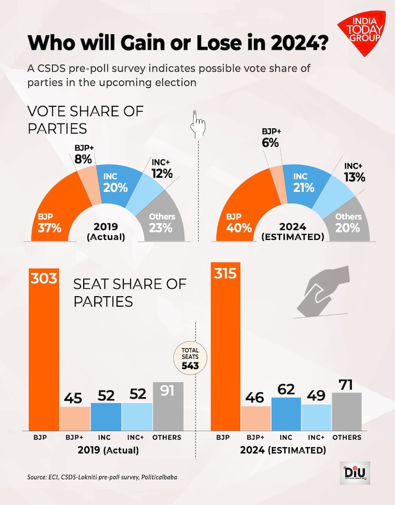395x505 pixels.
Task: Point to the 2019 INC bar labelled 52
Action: (106, 416)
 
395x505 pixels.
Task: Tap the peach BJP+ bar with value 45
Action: (75, 418)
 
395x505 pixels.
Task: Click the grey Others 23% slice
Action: (161, 221)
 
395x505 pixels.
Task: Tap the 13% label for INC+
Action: (354, 177)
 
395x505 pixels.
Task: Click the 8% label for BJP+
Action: (83, 158)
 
